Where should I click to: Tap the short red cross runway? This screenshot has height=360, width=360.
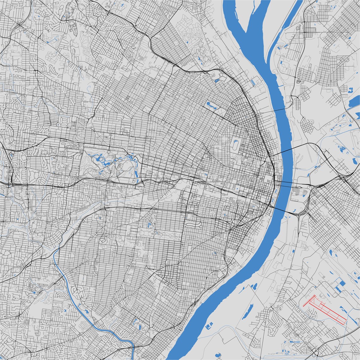(x=309, y=301)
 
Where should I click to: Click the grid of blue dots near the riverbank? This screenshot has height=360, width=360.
(x=253, y=82)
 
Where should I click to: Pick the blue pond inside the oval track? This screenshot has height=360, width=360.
(x=235, y=145)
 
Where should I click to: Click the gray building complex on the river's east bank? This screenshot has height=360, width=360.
(x=297, y=191)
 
